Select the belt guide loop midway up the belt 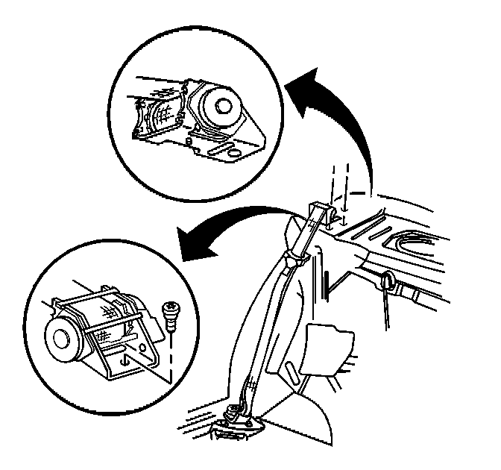coord(296,257)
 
